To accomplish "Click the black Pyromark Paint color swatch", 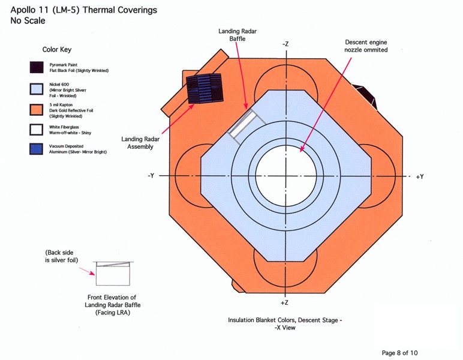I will click(37, 67).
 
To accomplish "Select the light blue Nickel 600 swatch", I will click(37, 88).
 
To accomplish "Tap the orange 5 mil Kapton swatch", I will click(37, 109).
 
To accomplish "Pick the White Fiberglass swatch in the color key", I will click(37, 129).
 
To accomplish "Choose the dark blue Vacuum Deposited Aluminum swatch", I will click(37, 149).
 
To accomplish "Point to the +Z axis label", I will click(285, 304).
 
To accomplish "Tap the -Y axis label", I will click(151, 176).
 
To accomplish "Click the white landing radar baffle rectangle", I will click(245, 127).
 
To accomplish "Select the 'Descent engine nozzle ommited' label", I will click(366, 46).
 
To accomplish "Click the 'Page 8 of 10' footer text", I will click(403, 352).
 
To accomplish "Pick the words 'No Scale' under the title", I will click(28, 21).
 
